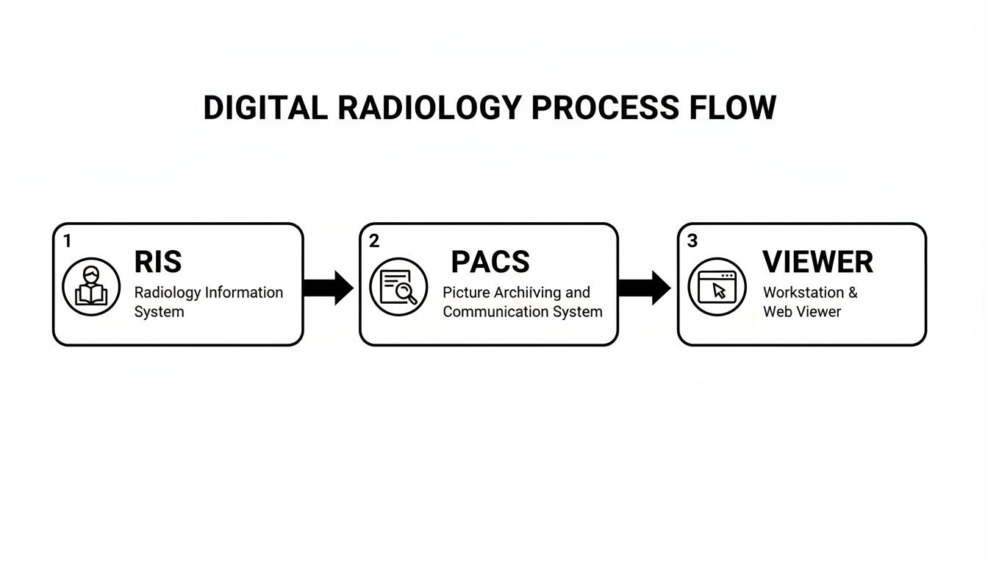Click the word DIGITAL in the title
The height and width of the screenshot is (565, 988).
coord(265,108)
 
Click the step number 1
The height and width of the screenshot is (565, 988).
coord(68,241)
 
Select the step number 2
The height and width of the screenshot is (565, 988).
coord(374,241)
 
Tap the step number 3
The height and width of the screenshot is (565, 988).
coord(692,241)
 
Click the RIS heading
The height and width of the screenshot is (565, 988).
coord(158,262)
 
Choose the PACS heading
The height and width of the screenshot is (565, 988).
coord(490,262)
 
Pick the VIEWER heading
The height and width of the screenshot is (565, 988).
coord(817,262)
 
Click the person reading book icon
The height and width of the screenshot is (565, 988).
coord(90,287)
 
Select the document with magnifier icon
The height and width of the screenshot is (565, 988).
coord(398,287)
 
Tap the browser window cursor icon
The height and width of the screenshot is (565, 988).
coord(716,287)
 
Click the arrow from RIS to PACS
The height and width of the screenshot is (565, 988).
coord(328,287)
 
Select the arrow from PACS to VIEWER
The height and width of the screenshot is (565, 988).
coord(644,287)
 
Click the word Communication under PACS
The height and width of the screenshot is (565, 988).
coord(496,312)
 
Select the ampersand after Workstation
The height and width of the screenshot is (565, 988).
coord(853,293)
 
